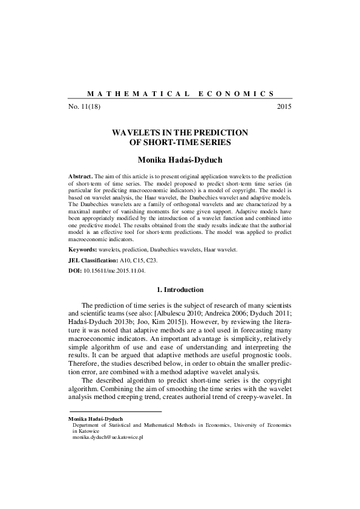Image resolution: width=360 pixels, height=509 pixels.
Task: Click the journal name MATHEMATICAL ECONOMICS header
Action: click(x=180, y=94)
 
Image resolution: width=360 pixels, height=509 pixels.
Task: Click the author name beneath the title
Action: click(x=180, y=160)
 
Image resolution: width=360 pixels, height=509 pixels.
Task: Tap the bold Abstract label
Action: click(x=81, y=174)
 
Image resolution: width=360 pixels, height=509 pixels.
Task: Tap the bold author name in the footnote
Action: click(x=96, y=418)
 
